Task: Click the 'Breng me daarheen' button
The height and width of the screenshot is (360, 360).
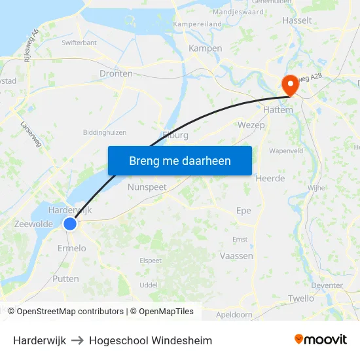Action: coord(179,160)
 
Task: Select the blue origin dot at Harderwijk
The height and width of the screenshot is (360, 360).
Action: coord(70,224)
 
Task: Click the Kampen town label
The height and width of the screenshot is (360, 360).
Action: coord(205,48)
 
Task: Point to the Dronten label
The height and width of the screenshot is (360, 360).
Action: coord(116,74)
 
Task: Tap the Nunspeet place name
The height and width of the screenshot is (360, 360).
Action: coord(147,187)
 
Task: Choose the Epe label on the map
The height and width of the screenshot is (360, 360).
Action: coord(243,211)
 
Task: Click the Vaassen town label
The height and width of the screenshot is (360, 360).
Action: coord(236,256)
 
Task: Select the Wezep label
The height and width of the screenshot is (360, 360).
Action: coord(251,124)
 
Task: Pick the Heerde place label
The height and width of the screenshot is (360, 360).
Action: coord(270,178)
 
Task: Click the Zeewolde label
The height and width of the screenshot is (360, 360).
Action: coord(33,224)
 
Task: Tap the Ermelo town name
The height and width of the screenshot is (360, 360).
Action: coord(71,248)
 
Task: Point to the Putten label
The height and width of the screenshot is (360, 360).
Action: coord(65,279)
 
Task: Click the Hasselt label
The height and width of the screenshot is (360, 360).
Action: coord(297,21)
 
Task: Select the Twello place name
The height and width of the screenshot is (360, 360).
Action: coord(301,298)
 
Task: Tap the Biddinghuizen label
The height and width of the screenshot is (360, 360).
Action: coord(105,132)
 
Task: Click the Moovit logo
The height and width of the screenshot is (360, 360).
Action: coord(320,340)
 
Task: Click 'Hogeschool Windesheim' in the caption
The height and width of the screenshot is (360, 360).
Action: coord(151,340)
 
